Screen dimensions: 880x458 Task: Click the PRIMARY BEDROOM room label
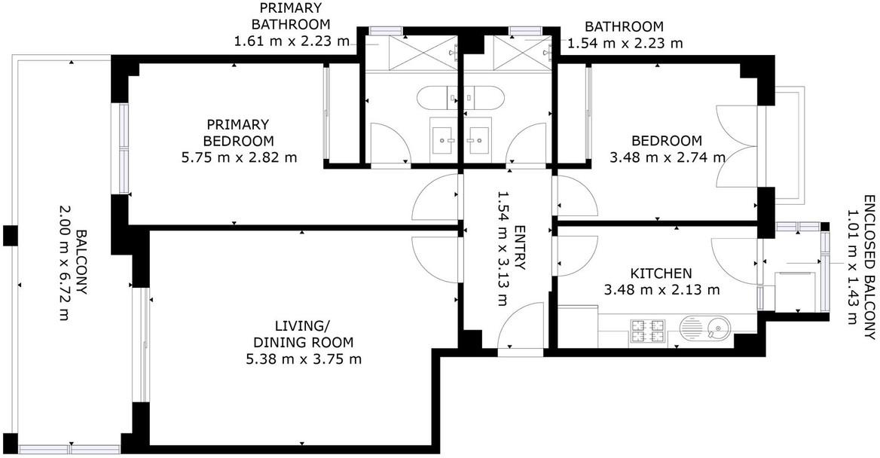239,133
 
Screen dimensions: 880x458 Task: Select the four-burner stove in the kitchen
648,331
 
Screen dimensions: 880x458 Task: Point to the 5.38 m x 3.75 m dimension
304,359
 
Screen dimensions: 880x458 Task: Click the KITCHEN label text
661,274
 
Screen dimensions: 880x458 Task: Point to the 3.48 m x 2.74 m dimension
668,157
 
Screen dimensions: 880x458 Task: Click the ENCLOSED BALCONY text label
869,267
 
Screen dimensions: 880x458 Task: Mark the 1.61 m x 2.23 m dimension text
292,41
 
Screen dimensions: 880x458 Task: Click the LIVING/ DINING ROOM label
304,334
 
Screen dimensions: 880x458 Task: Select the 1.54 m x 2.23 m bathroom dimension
625,43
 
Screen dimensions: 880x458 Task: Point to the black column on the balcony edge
11,235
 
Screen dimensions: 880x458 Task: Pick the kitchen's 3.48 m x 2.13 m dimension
662,290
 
